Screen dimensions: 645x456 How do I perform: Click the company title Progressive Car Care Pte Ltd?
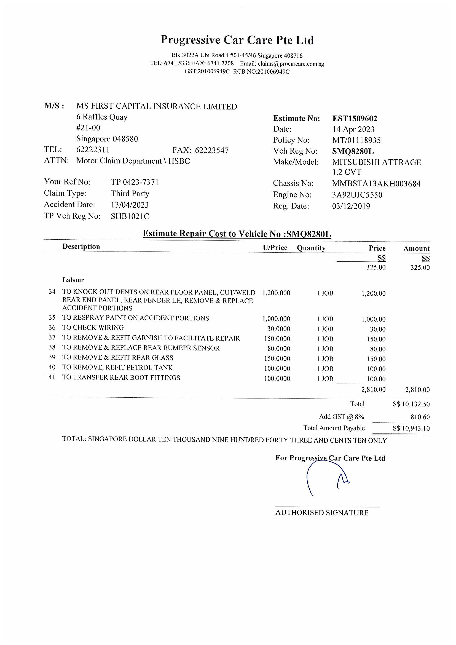(237, 40)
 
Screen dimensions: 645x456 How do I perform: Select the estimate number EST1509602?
(355, 119)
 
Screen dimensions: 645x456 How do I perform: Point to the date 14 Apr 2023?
(353, 129)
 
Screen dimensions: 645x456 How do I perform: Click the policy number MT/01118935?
(356, 140)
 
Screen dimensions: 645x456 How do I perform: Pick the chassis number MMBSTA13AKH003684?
(376, 184)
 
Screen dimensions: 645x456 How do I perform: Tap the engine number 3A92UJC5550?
(357, 195)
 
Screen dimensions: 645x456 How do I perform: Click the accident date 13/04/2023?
(130, 205)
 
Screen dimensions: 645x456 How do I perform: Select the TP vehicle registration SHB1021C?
(130, 216)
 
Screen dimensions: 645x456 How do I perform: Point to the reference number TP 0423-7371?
(135, 182)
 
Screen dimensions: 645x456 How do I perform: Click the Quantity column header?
(311, 248)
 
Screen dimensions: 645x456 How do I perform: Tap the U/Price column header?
(275, 248)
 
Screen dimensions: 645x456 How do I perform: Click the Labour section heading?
(73, 280)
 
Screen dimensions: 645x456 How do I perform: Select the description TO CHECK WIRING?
(93, 328)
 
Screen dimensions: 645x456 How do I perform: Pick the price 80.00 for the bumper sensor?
(378, 349)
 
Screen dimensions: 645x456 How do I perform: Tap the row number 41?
(52, 377)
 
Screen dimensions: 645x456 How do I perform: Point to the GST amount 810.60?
(420, 417)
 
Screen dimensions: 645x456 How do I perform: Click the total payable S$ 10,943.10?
(411, 429)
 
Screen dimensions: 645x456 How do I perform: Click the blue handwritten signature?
(327, 479)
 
